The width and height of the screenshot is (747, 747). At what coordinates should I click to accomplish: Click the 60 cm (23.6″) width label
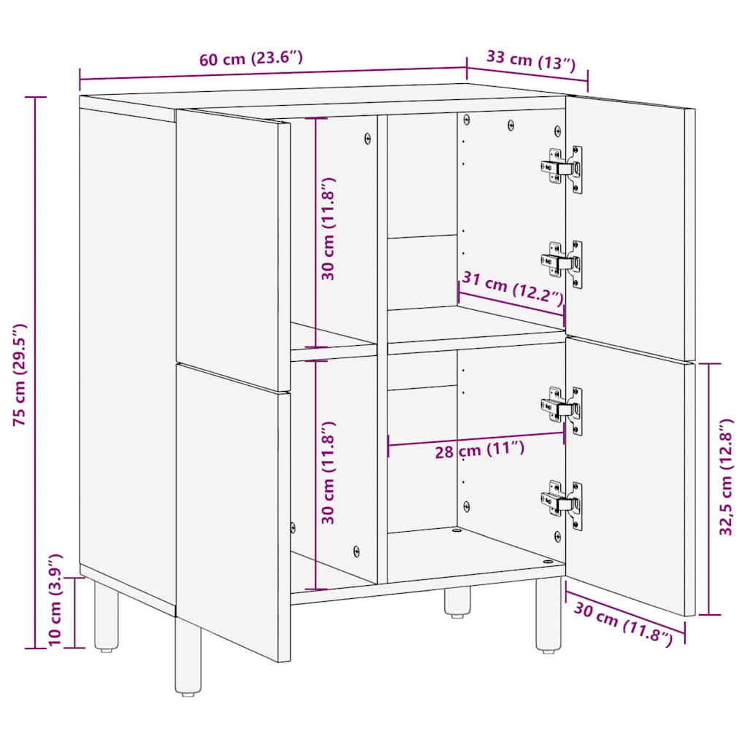point(252,59)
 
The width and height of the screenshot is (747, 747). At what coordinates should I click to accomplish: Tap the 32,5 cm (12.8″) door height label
point(726,487)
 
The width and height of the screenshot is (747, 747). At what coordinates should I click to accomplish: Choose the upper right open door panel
point(629,226)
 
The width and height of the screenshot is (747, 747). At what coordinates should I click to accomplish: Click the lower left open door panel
point(232,511)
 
